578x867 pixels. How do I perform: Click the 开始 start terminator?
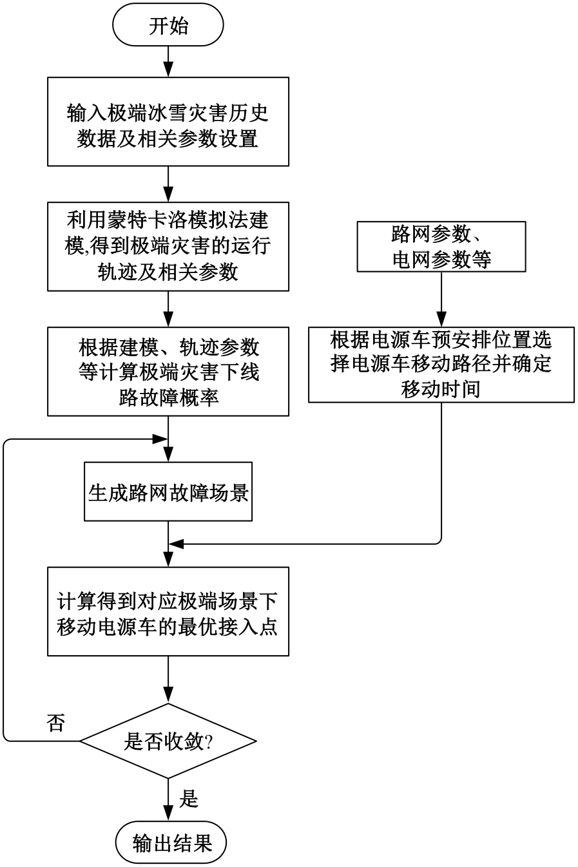pos(168,26)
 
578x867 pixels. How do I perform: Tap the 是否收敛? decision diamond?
pos(168,741)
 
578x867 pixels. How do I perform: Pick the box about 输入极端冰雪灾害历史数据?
pos(168,121)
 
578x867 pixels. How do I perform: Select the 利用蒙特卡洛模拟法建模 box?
pos(168,247)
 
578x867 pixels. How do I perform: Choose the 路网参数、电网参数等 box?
pos(441,245)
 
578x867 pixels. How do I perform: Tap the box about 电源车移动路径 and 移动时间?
pos(441,365)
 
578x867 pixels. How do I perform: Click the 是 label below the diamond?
pos(188,799)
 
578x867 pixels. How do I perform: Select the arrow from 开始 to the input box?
pos(168,62)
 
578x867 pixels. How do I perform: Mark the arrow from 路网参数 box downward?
pos(441,299)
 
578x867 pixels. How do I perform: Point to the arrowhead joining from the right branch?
pos(175,544)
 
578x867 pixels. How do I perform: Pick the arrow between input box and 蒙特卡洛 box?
pos(168,184)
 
